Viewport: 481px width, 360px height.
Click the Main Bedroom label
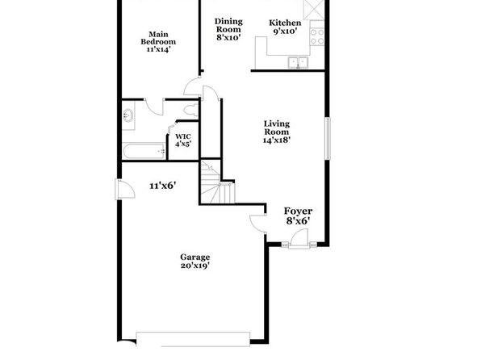tap(158, 42)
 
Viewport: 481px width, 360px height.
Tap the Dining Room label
tap(228, 30)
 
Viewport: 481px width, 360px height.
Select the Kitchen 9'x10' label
tap(285, 27)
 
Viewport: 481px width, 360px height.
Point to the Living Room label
tap(276, 132)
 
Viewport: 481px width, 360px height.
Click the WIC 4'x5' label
tap(183, 140)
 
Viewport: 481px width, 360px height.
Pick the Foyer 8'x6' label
tap(298, 216)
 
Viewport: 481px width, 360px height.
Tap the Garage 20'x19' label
tap(194, 261)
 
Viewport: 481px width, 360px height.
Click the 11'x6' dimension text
tap(162, 186)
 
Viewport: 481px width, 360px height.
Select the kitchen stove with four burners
tap(317, 37)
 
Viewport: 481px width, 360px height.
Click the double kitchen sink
tap(298, 63)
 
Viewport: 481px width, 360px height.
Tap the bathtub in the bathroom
tap(144, 151)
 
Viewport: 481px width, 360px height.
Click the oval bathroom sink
tap(128, 115)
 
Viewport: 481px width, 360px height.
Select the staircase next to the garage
tap(217, 182)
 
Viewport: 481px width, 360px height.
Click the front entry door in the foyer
tap(299, 238)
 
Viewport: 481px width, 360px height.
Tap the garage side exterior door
tap(125, 189)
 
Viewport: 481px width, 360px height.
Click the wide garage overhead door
tap(193, 339)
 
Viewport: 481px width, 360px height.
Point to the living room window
tap(328, 138)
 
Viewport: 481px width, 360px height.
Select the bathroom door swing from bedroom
tap(154, 107)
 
